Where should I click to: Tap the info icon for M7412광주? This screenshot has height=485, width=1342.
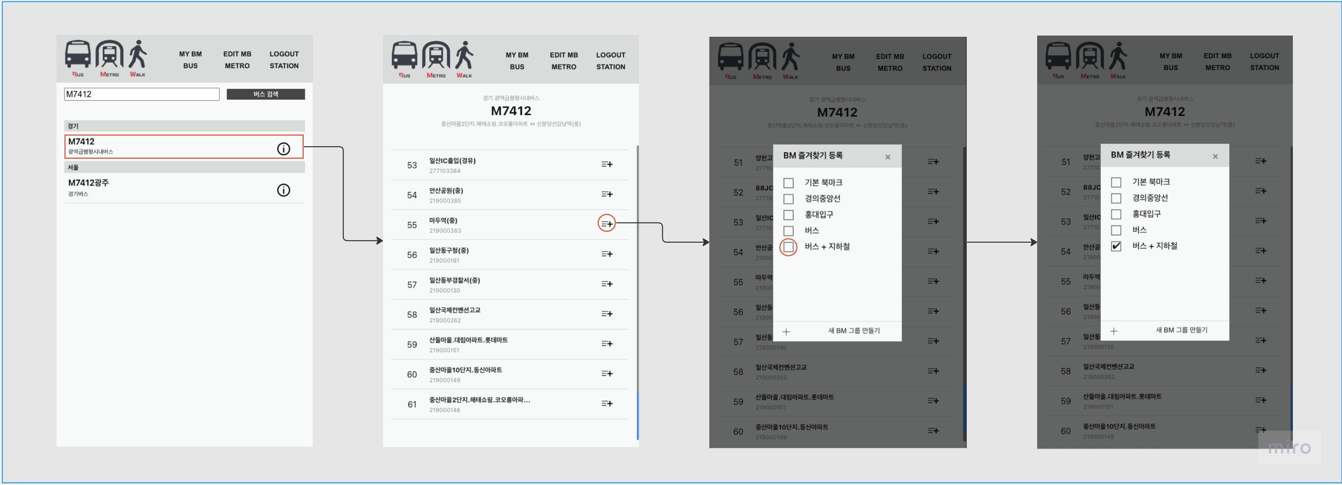pos(283,190)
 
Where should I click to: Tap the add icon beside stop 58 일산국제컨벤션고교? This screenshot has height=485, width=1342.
pos(607,314)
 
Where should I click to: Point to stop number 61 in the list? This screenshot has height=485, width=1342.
pos(412,405)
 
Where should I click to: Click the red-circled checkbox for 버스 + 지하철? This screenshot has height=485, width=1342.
pos(789,247)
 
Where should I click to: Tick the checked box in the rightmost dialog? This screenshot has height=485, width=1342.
pos(1116,247)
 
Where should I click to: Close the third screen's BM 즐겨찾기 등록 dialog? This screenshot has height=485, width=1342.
pos(888,157)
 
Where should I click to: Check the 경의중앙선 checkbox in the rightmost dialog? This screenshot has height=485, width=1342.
pos(1116,199)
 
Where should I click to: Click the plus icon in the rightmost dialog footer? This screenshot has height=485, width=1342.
pos(1114,331)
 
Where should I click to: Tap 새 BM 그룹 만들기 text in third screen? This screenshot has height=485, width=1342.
pos(854,331)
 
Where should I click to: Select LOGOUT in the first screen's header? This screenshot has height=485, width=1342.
pos(284,54)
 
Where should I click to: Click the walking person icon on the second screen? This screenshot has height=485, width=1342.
pos(464,56)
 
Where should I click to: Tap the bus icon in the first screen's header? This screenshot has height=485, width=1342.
pos(77,55)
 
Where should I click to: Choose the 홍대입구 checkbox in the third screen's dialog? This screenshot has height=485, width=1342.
pos(789,215)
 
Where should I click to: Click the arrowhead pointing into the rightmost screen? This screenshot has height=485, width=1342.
pos(1034,242)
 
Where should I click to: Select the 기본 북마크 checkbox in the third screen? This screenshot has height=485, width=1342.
pos(789,183)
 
